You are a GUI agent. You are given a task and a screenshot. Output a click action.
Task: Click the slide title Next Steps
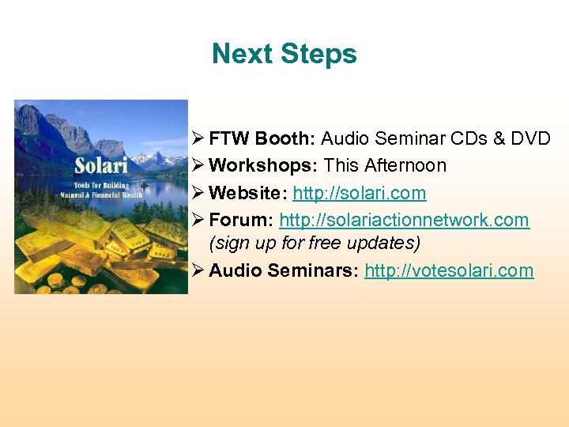coord(284,54)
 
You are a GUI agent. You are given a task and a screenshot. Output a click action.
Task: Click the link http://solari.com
coord(359,193)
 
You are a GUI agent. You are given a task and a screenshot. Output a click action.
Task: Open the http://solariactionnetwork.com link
coord(404,220)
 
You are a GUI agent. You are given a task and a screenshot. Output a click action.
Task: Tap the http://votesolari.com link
coord(448,270)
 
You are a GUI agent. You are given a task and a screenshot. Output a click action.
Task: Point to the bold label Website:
coord(248,193)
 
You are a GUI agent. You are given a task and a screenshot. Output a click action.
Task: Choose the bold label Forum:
coord(241,220)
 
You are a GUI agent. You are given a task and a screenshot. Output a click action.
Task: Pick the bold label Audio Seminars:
coord(284,270)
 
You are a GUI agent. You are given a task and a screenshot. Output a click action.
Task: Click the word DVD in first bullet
coord(530,139)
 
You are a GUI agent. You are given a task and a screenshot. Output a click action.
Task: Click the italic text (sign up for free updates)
coord(315,242)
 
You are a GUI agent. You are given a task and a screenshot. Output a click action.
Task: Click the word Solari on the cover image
coord(101,167)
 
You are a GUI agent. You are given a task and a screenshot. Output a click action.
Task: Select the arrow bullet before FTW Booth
coord(198,139)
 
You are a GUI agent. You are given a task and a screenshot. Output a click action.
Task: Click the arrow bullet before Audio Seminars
coord(198,270)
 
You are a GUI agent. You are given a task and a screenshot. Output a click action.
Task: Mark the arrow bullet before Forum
coord(198,220)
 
